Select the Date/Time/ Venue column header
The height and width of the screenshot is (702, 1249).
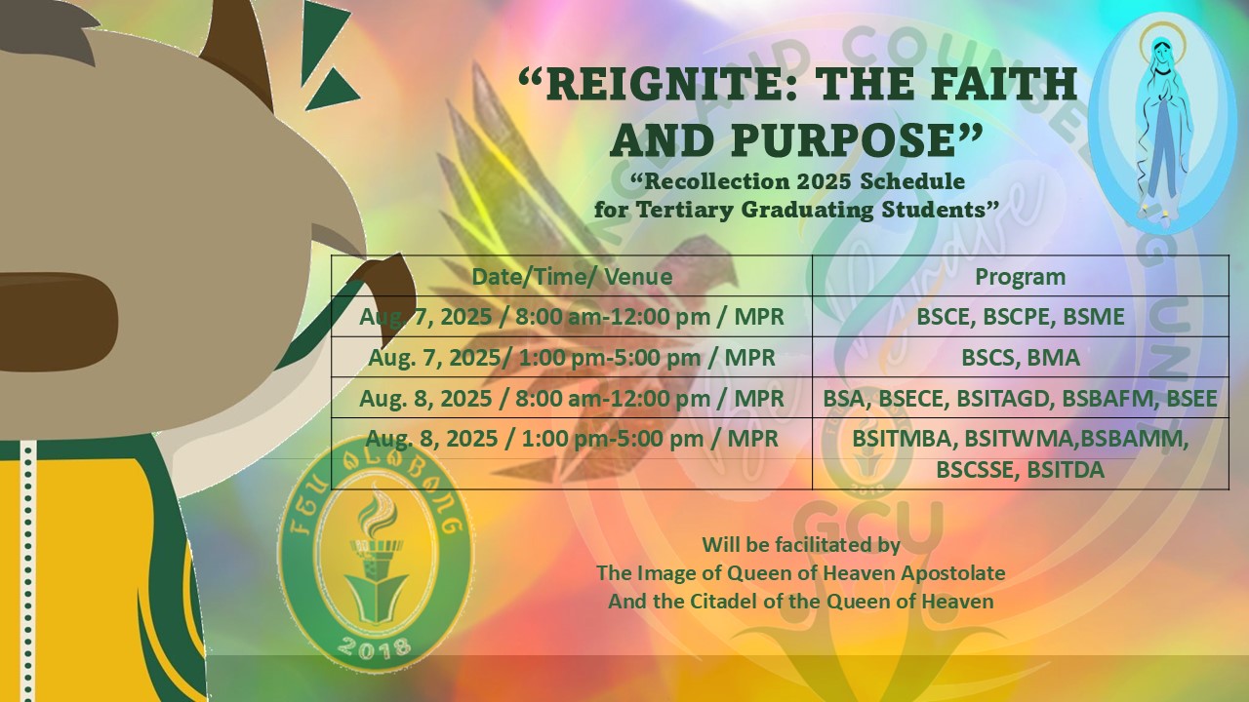coord(572,276)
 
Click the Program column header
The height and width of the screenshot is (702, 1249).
coord(1021,276)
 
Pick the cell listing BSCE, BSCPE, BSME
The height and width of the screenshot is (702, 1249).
coord(1021,317)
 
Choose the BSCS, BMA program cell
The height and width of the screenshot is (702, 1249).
coord(1021,357)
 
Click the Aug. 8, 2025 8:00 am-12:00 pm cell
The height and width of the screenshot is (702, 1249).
coord(572,398)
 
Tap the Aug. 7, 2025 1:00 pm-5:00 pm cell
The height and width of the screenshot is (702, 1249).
coord(572,357)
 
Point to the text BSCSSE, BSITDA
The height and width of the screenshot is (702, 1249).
coord(1021,469)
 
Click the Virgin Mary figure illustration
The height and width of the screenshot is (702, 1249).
coord(1162,126)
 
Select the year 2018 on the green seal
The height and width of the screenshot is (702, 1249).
coord(374,646)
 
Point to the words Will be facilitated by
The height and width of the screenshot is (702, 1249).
coord(801,544)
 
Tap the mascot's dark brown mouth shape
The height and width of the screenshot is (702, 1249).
coord(56,322)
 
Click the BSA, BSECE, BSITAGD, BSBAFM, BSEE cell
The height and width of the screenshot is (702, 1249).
coord(1021,398)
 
